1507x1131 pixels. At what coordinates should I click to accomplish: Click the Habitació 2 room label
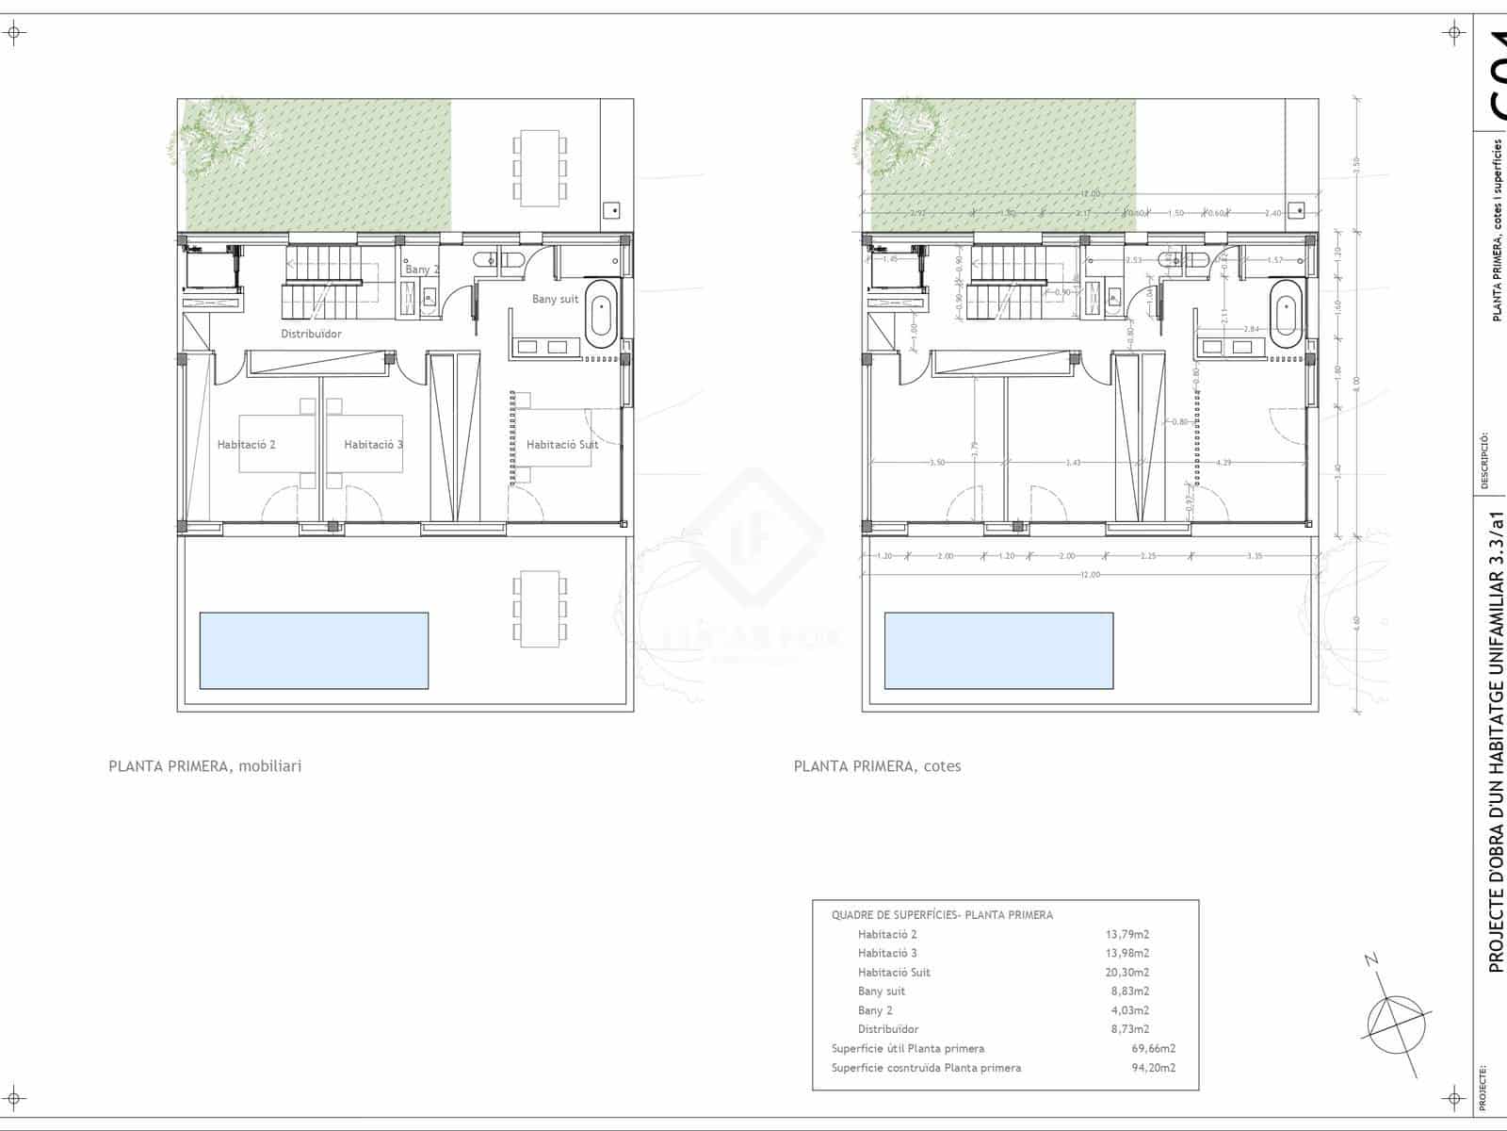pos(246,445)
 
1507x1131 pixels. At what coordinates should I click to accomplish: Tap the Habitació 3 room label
pos(373,445)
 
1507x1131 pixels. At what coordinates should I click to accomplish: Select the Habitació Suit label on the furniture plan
pos(561,445)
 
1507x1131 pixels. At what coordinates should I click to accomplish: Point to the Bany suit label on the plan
pos(555,300)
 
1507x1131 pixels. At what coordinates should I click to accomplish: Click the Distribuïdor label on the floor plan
pos(311,334)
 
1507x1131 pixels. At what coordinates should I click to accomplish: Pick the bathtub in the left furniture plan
pos(600,312)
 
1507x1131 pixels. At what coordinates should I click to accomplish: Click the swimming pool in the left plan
pos(314,650)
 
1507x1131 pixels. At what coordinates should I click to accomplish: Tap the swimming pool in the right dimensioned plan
pos(998,650)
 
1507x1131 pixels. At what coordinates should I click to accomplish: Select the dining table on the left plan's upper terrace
pos(540,169)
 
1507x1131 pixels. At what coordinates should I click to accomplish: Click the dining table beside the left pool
pos(540,608)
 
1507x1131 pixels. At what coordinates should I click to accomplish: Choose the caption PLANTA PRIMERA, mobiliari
pos(205,766)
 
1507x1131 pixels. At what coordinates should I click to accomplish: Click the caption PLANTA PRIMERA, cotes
pos(877,766)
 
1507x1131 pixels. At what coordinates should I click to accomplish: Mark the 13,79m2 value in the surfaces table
pos(1126,935)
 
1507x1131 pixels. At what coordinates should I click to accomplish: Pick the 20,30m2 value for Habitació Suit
pos(1126,973)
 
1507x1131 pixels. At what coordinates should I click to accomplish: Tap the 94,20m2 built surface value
pos(1153,1068)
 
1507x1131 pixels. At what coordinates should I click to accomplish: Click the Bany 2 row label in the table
pos(875,1010)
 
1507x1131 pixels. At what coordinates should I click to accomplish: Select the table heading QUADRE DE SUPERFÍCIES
pos(942,915)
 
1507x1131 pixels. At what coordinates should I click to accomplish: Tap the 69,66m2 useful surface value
pos(1153,1048)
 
